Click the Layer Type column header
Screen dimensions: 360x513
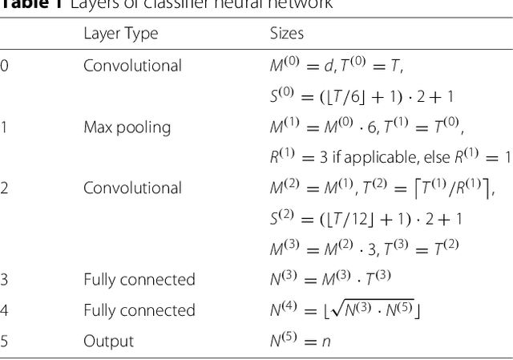[120, 34]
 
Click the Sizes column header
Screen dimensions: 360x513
[286, 34]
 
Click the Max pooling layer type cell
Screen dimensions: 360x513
[127, 127]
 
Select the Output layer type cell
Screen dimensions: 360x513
[108, 341]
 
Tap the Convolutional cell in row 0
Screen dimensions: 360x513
[132, 66]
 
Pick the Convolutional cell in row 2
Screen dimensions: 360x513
[132, 188]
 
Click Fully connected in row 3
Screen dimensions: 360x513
[139, 279]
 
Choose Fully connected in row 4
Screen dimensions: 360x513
[139, 310]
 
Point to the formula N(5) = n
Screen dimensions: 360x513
[300, 341]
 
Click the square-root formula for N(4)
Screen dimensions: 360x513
[345, 309]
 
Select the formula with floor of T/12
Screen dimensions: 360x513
[365, 218]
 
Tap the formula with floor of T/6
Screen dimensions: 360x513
[361, 96]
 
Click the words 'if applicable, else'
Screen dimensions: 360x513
[388, 157]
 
